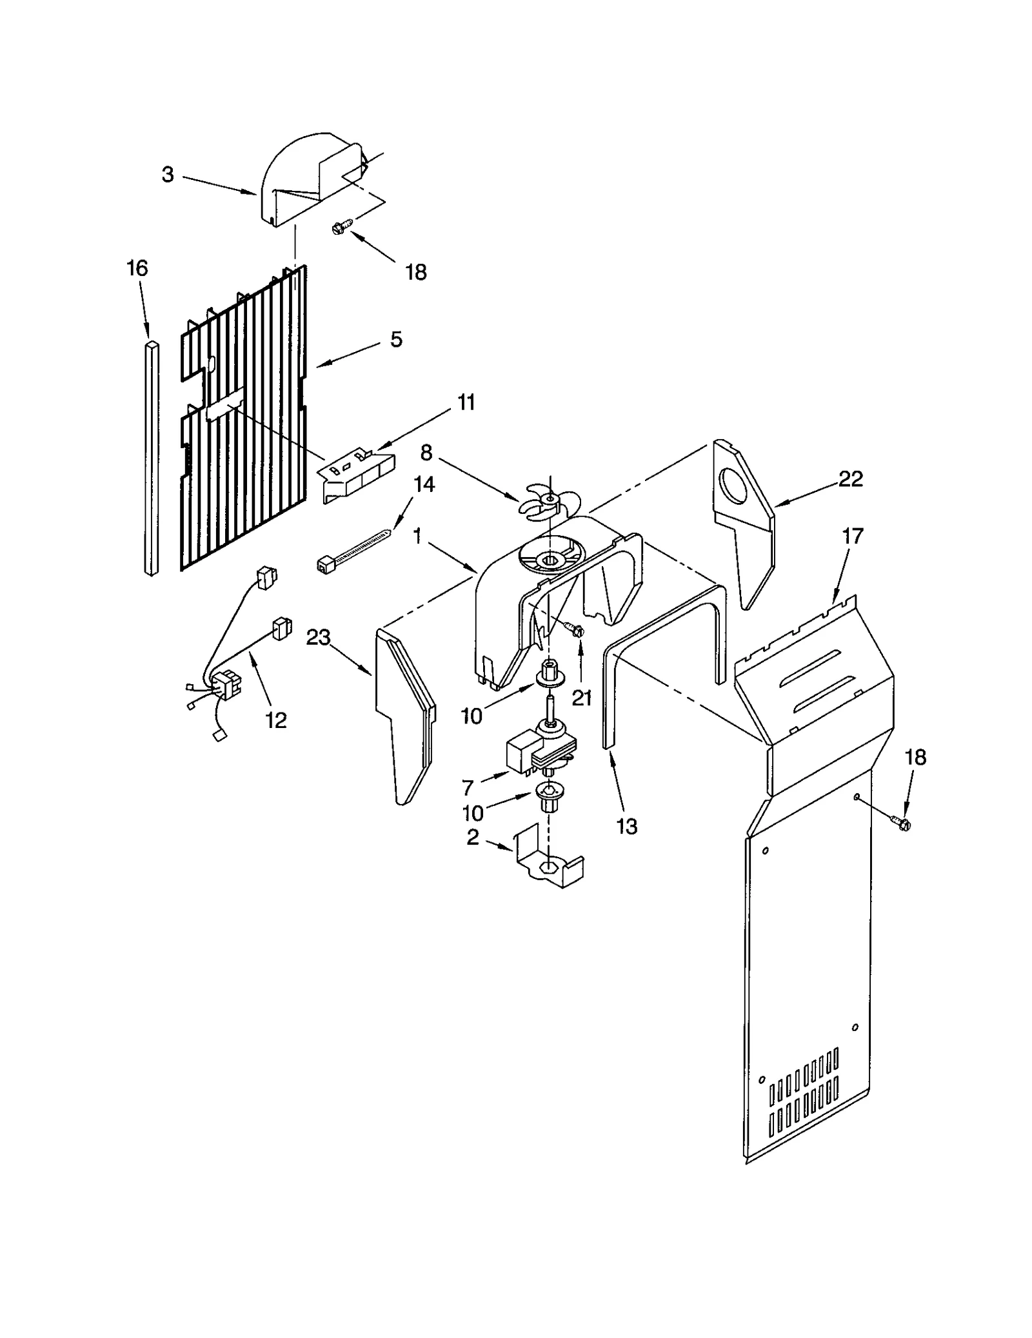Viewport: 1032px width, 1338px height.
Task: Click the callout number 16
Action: coord(137,268)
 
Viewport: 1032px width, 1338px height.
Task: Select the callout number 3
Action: coord(168,174)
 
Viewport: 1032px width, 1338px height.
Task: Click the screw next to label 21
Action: coord(573,627)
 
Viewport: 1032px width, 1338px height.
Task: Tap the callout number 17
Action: coord(853,536)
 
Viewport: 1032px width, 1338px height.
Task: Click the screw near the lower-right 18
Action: coord(899,821)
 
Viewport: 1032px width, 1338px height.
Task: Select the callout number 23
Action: coord(318,638)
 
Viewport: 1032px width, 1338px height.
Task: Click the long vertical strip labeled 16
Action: coord(151,458)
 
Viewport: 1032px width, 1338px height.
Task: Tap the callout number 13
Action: coord(626,826)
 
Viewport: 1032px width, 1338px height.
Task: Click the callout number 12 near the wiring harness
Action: coord(276,720)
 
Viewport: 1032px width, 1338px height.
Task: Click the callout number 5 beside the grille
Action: coord(396,339)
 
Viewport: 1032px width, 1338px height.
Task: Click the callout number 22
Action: coord(850,478)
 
